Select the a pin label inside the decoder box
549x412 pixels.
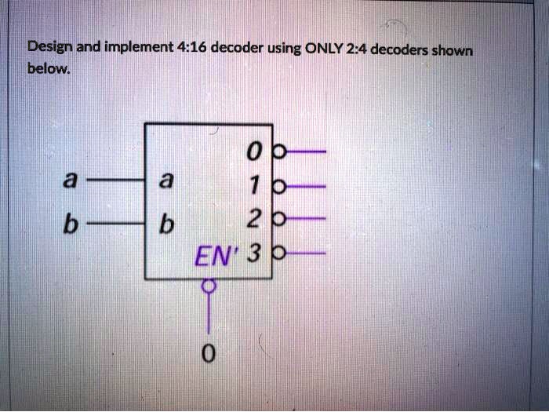[x=165, y=180]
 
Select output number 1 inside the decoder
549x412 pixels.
[x=251, y=182]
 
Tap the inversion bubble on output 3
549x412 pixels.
[x=279, y=253]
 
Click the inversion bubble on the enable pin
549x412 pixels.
[x=209, y=286]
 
